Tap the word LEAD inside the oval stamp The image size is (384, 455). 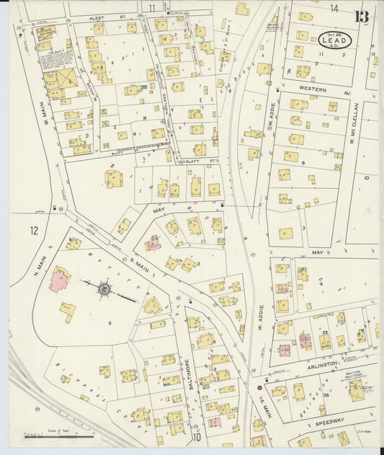[x=336, y=42]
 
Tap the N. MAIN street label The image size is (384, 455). [x=27, y=260]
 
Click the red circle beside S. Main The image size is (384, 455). [x=259, y=388]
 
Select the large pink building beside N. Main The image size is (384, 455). [x=59, y=278]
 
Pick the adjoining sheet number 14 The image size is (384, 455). [x=334, y=8]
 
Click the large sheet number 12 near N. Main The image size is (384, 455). [x=34, y=231]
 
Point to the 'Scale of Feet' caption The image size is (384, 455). [x=58, y=430]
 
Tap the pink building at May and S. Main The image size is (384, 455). [x=153, y=243]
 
